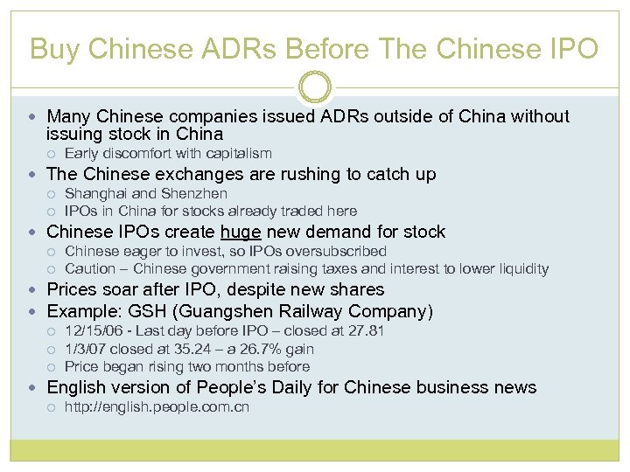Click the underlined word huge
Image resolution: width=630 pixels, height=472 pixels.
point(241,232)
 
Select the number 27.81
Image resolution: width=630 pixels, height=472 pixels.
point(366,330)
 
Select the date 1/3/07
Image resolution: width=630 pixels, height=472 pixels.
point(87,349)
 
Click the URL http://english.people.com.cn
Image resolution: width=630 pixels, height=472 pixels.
point(157,406)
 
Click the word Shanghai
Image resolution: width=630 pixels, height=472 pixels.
point(96,193)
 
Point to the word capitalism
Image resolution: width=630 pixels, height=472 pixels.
point(236,153)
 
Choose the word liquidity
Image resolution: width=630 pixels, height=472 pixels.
point(521,268)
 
